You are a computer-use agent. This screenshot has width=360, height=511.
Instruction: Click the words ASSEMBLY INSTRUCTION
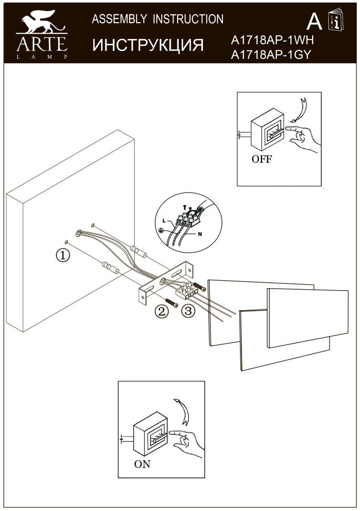158,19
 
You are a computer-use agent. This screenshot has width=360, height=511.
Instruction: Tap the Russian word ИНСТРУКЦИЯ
148,45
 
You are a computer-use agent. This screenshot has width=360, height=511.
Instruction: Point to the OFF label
261,160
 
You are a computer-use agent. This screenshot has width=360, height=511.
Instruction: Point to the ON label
142,464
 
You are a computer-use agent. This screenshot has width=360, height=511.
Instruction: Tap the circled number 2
161,311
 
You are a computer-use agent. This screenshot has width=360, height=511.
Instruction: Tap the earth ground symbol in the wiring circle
161,231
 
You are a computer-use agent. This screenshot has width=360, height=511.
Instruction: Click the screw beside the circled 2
172,302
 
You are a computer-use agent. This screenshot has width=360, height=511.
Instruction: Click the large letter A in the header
314,22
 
